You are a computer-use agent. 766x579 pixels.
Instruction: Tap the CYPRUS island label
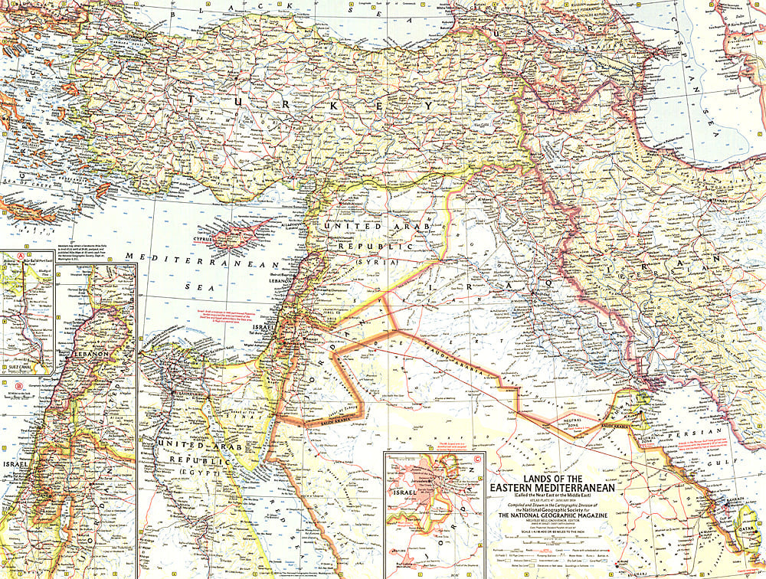[217, 238]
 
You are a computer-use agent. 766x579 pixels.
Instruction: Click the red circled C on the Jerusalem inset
[478, 460]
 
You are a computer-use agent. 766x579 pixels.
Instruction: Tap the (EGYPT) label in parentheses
[203, 475]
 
